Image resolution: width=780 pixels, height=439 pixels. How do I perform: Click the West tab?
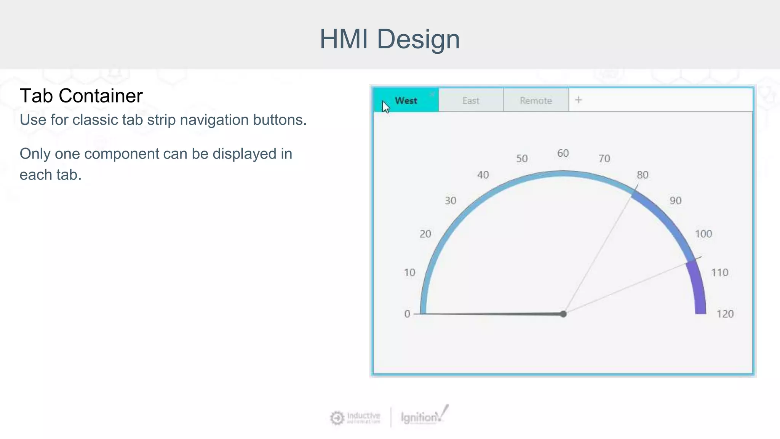(x=406, y=101)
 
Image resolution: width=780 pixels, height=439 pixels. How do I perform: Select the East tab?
(x=471, y=101)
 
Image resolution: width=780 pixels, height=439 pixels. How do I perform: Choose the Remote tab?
(x=536, y=101)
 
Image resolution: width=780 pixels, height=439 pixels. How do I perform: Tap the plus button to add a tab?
(x=579, y=100)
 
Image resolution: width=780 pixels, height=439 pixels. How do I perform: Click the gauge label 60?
(x=563, y=153)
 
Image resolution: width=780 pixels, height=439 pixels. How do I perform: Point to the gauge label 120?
(x=725, y=314)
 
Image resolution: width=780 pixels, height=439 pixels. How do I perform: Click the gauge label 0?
(x=407, y=314)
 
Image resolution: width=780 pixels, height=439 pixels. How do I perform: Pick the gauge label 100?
(x=703, y=234)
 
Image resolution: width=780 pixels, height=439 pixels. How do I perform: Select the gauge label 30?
(x=451, y=201)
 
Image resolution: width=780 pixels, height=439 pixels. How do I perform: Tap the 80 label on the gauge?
(x=643, y=175)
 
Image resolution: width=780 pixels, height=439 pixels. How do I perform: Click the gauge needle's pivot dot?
(x=563, y=314)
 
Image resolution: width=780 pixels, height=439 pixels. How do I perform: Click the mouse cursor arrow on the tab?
(x=385, y=107)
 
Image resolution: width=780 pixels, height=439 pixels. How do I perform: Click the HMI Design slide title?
(x=390, y=39)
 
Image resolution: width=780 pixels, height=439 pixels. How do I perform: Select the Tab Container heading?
(x=81, y=96)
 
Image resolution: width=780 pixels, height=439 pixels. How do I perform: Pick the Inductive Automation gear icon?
(x=337, y=418)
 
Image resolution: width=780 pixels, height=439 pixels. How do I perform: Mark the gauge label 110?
(x=719, y=272)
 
